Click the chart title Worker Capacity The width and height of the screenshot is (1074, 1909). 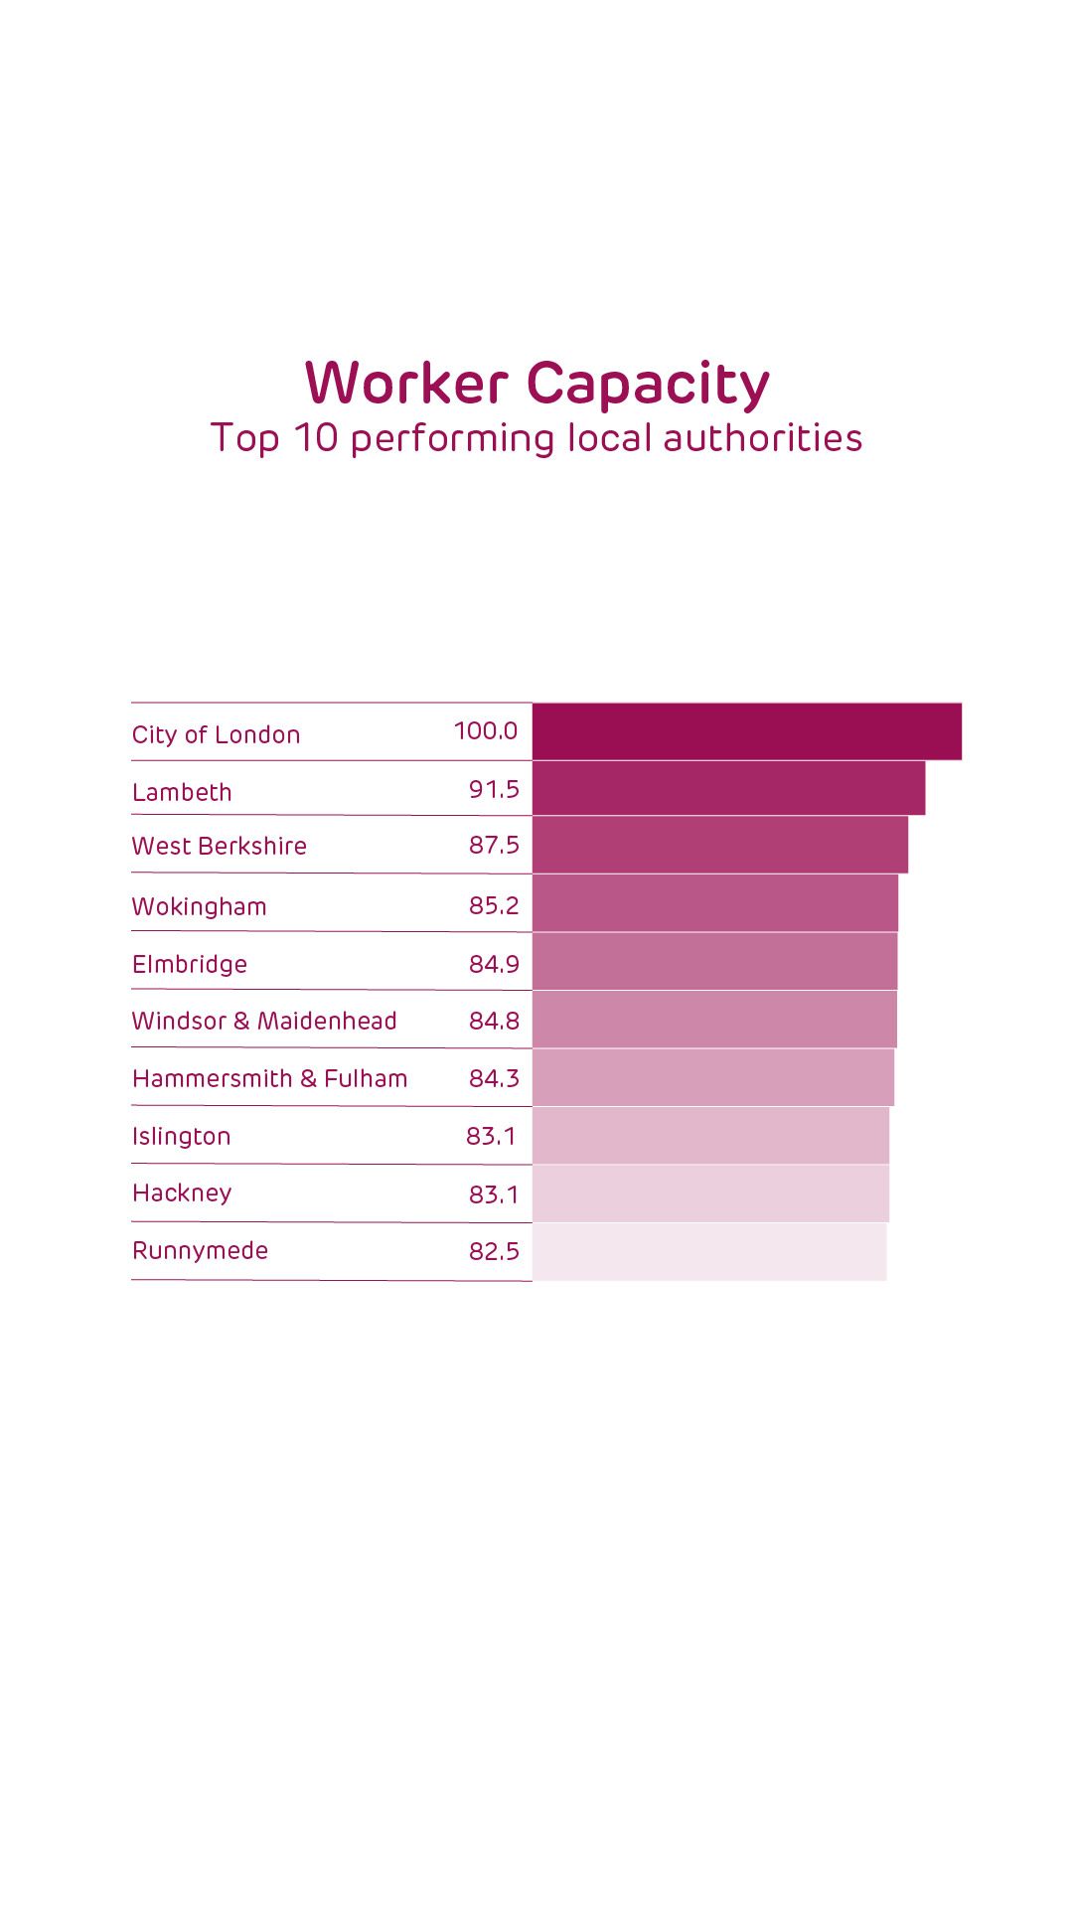(537, 384)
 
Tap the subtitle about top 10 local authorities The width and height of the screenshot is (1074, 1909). (537, 438)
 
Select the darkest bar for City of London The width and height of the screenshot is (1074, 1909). (746, 731)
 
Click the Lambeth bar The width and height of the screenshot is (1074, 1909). (728, 788)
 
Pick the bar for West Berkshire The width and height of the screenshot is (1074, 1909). (719, 845)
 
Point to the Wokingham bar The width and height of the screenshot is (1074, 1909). (714, 903)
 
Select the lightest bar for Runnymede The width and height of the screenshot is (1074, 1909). (708, 1251)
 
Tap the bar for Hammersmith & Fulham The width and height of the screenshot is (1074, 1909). (712, 1077)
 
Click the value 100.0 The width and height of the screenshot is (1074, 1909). (486, 731)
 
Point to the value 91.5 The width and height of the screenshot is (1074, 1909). (494, 789)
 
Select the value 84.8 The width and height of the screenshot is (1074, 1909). (494, 1021)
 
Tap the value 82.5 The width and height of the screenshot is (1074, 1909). (494, 1251)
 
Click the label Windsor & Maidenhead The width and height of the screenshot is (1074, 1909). (264, 1021)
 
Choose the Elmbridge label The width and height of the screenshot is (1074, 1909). (190, 964)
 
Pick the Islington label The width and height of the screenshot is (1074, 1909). (181, 1136)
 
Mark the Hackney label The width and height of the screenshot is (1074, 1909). (182, 1193)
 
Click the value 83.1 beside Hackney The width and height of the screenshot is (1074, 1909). (494, 1194)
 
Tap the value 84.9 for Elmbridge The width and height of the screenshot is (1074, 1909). (494, 964)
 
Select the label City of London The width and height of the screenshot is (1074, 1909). (216, 734)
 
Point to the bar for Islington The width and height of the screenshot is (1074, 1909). (710, 1135)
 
